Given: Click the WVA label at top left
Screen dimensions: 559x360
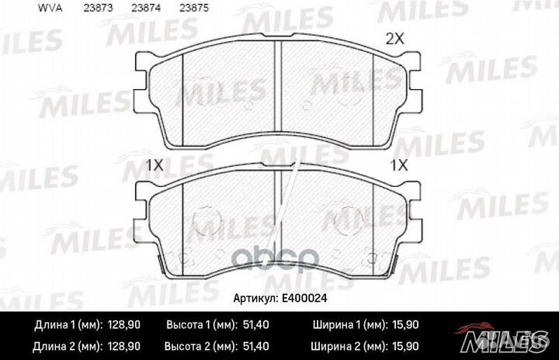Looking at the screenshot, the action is [50, 8].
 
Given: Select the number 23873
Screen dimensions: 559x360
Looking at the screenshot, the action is [98, 8].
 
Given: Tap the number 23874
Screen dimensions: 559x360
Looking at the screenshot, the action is [146, 8].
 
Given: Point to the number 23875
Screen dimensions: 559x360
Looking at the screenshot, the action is [194, 8].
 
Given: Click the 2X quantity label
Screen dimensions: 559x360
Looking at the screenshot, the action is [395, 39].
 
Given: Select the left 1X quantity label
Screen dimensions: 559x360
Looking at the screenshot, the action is [155, 165].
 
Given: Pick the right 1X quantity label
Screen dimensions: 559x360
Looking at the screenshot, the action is [399, 165].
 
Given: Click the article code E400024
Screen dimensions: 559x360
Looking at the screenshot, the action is [304, 298].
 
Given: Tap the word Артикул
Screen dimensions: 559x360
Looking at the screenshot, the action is [255, 299].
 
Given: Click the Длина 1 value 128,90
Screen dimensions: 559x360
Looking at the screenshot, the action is [123, 325].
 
